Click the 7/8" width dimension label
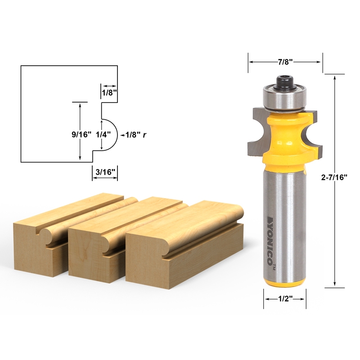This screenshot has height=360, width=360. (285, 62)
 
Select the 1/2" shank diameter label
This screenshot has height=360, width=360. (285, 299)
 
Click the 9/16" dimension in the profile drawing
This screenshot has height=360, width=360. (81, 134)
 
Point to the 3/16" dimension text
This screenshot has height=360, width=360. (105, 171)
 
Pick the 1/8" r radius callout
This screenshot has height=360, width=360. (135, 134)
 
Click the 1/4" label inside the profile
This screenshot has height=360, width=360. (103, 134)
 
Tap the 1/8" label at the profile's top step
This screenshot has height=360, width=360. (109, 92)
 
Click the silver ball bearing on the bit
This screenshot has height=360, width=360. (285, 98)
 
